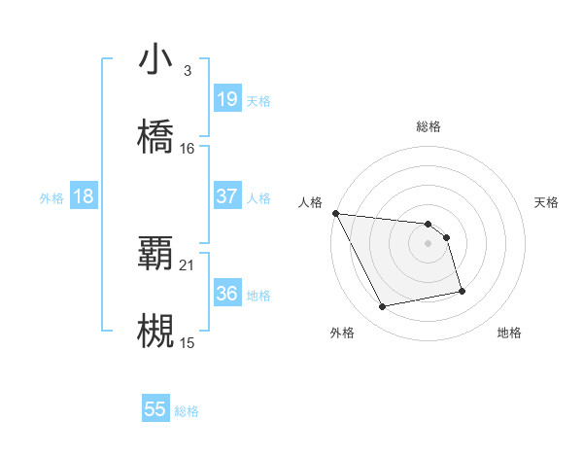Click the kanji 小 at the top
tap(156, 59)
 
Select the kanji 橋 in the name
tap(156, 136)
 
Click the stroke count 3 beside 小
tap(187, 71)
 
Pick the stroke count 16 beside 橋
tap(188, 149)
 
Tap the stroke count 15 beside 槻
tap(188, 343)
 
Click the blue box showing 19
tap(226, 99)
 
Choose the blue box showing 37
tap(226, 196)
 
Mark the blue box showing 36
tap(226, 294)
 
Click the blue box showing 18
tap(84, 196)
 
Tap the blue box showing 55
tap(155, 409)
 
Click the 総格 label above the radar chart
tap(429, 126)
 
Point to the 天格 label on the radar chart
tap(546, 202)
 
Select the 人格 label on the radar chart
tap(311, 202)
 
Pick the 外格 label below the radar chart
tap(342, 333)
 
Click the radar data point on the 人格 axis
tap(335, 213)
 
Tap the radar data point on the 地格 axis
tap(462, 291)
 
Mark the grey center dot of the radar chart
tap(429, 243)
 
